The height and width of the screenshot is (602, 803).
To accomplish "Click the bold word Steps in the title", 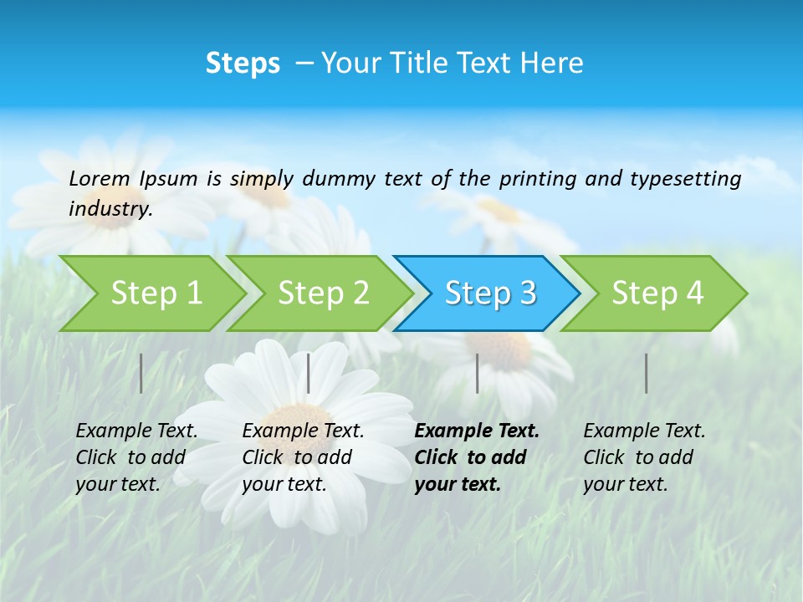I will (x=243, y=64).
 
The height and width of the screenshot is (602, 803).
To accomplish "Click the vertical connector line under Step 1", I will (x=141, y=373).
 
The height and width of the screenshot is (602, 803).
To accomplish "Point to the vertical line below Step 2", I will (x=309, y=373).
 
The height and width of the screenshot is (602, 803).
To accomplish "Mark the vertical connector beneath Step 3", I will (x=477, y=373).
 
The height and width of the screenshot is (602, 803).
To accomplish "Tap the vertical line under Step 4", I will (x=646, y=373).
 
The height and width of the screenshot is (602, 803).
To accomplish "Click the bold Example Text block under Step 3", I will (x=475, y=457).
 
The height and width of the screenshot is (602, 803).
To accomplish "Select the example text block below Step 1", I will (x=136, y=457).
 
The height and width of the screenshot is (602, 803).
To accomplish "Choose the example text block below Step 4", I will (x=643, y=457).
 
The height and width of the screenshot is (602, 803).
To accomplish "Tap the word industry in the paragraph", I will (x=110, y=209).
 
